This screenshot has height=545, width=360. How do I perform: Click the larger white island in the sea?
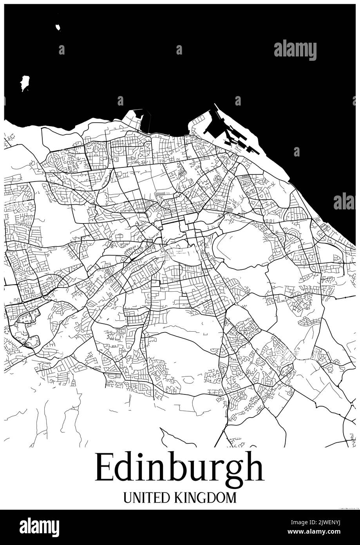coord(25,82)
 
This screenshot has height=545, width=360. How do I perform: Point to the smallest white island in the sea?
coord(58,27)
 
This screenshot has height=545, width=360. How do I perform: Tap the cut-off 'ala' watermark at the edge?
coord(344,201)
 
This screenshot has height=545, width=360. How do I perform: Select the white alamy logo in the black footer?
coord(39,527)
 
